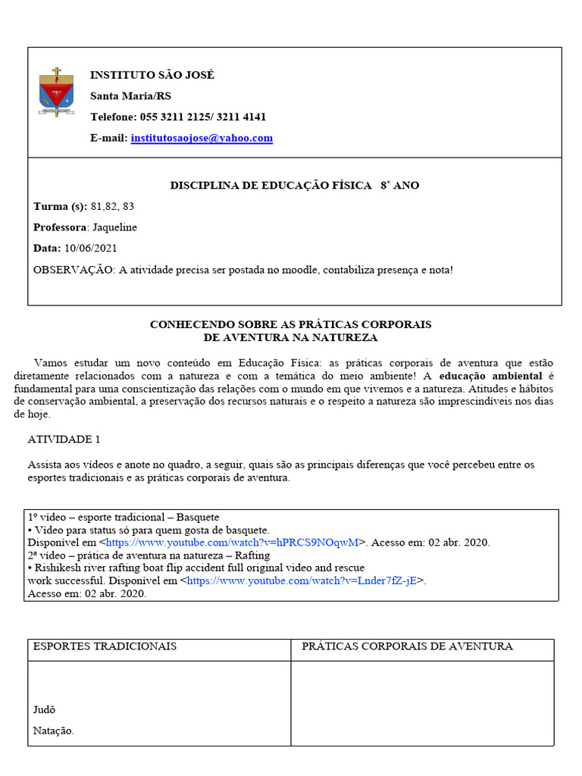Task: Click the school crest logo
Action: coord(56,92)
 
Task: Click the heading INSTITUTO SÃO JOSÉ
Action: coord(152,75)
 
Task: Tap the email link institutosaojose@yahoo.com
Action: coord(202,138)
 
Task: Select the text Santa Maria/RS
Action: coord(130,95)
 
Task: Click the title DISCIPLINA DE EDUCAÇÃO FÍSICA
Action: coord(271,185)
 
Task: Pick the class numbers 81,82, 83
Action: coord(113,206)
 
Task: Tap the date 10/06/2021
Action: coord(91,248)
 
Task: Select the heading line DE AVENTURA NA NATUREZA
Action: coord(291,337)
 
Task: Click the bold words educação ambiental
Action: coord(490,376)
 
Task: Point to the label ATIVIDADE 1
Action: coord(64,439)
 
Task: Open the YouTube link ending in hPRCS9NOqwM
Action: coord(232,543)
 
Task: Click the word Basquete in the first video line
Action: coord(198,517)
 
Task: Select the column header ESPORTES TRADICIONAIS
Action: coord(105,646)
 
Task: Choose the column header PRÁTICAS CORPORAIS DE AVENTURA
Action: coord(407,646)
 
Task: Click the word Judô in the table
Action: coord(45,710)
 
